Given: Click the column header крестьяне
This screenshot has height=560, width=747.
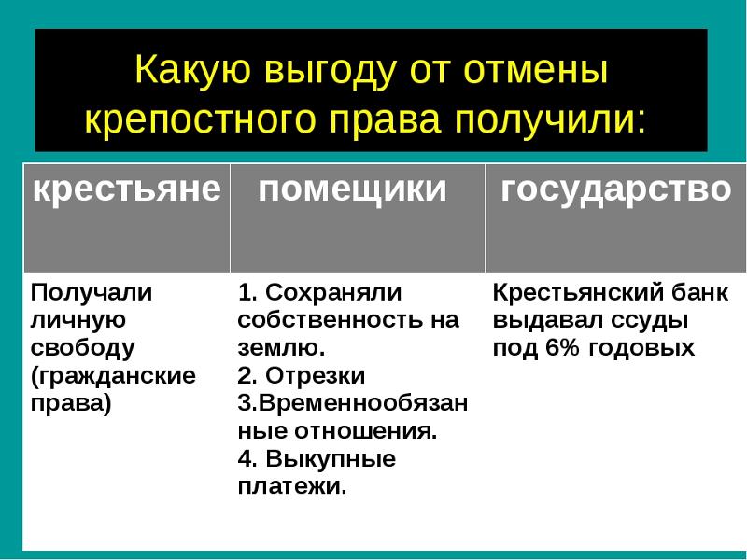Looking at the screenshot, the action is (127, 190).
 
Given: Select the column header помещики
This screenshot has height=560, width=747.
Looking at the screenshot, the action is (353, 190).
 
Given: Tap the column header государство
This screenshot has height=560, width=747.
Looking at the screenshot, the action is (616, 190).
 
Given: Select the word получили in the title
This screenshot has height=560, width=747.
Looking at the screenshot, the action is (550, 119).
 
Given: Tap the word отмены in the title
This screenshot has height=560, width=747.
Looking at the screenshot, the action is (536, 70).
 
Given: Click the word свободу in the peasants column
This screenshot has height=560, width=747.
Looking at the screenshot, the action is (82, 348).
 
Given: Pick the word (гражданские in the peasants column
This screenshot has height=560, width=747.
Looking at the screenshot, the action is (113, 376).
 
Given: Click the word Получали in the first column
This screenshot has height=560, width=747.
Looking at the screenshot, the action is (92, 292).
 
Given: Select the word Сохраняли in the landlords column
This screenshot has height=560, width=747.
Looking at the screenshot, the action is (333, 292).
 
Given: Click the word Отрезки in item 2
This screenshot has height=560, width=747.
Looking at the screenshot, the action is (316, 376).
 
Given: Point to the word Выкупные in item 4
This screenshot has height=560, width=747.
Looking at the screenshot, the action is (331, 459).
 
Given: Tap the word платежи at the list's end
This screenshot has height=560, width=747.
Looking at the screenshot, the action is (292, 486).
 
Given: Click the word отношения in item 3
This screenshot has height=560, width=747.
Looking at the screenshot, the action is (365, 431).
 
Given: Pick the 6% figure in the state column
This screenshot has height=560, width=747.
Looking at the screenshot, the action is (563, 348).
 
